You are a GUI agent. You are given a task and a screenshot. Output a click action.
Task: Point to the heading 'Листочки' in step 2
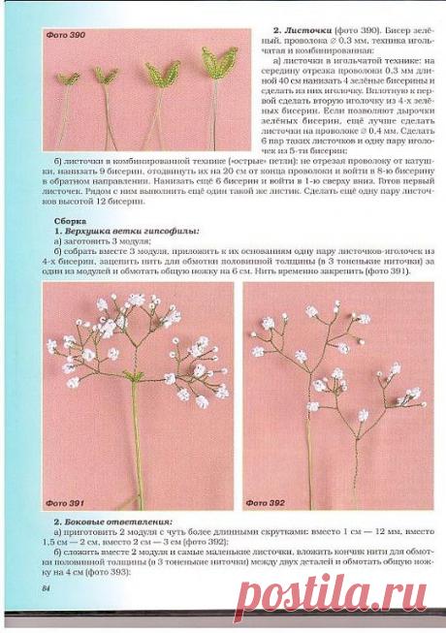click(x=297, y=31)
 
